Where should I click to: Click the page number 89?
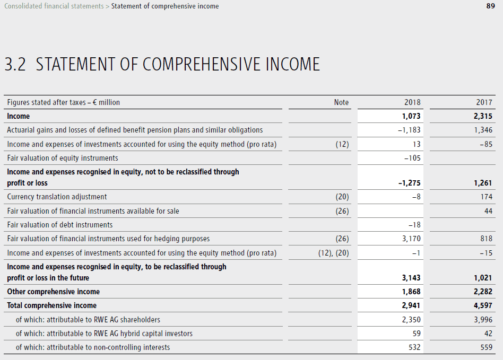(x=490, y=6)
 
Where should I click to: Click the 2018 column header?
(x=412, y=102)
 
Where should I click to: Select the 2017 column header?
(x=484, y=102)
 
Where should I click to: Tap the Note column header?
(x=341, y=102)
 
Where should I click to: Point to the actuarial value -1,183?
(x=409, y=130)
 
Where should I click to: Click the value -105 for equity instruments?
(x=412, y=158)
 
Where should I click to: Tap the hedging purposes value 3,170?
(x=411, y=239)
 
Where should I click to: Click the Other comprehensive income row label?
(x=53, y=292)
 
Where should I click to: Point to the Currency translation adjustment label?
(x=57, y=197)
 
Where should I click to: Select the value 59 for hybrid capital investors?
(x=416, y=333)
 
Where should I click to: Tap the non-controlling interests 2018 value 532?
(x=414, y=347)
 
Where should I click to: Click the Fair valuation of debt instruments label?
(x=59, y=225)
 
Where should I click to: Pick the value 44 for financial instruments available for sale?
(x=488, y=211)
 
